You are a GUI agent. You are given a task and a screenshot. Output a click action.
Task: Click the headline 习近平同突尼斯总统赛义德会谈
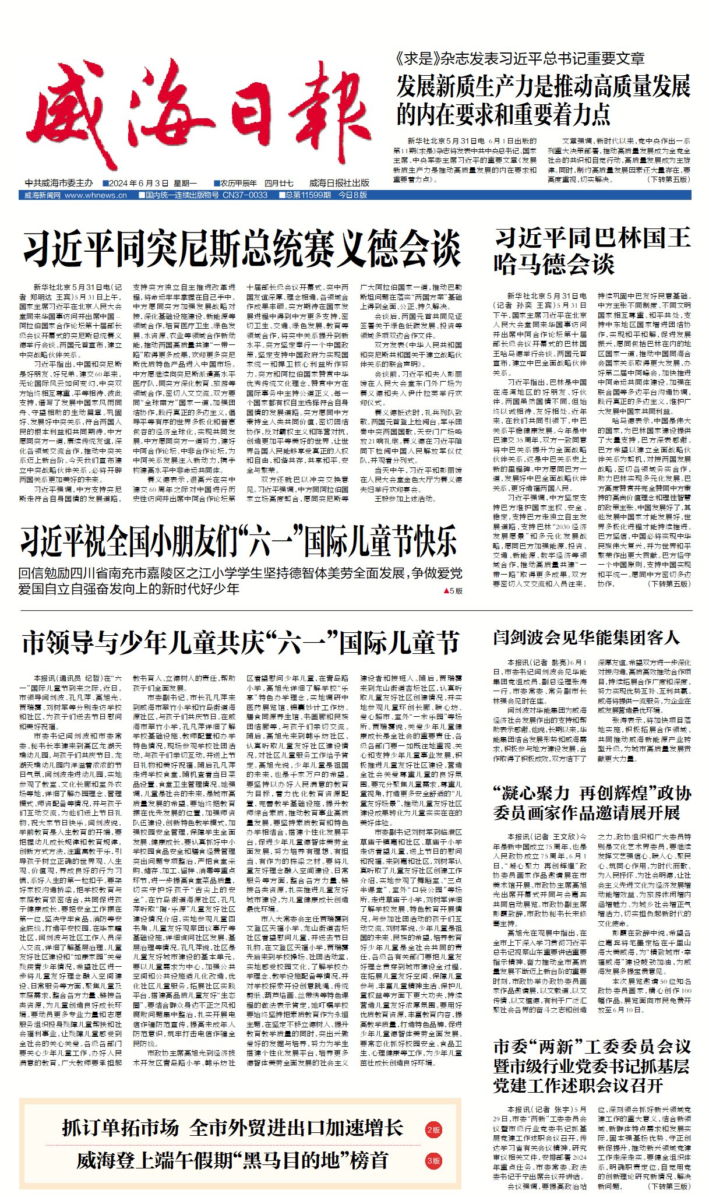pyautogui.click(x=242, y=249)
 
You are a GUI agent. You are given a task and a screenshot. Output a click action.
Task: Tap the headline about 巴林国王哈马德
pyautogui.click(x=591, y=251)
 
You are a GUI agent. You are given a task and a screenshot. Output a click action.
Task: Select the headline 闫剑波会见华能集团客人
pyautogui.click(x=586, y=637)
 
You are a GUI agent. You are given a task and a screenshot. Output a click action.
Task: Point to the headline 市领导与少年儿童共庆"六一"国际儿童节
pyautogui.click(x=241, y=643)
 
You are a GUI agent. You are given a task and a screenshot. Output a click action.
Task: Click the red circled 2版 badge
pyautogui.click(x=433, y=1129)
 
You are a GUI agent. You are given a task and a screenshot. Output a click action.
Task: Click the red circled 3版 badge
pyautogui.click(x=433, y=1160)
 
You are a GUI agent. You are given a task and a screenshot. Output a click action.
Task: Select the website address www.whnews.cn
pyautogui.click(x=96, y=195)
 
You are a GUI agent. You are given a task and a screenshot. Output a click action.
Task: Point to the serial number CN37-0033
pyautogui.click(x=245, y=195)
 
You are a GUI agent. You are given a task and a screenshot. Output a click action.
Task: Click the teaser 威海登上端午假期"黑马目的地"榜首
pyautogui.click(x=232, y=1160)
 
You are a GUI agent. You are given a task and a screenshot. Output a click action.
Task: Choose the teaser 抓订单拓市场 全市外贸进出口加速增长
pyautogui.click(x=232, y=1128)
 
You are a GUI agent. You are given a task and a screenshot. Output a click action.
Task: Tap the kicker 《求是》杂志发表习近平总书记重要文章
pyautogui.click(x=519, y=58)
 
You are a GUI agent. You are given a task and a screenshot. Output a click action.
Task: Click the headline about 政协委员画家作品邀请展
pyautogui.click(x=592, y=802)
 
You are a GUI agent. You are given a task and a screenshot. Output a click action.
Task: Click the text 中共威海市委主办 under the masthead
pyautogui.click(x=59, y=183)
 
